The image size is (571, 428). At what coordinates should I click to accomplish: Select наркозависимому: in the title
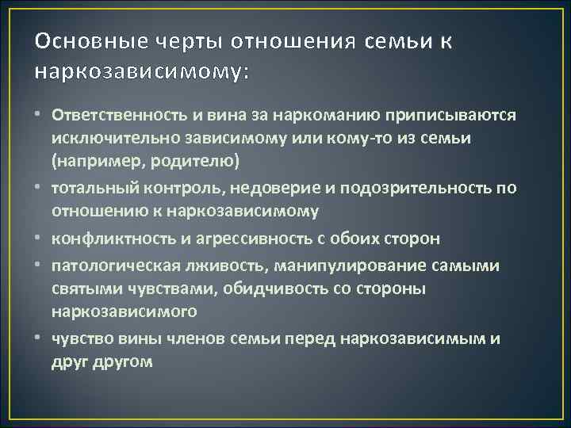click(x=143, y=71)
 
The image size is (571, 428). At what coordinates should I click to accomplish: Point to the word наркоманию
click(x=302, y=116)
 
